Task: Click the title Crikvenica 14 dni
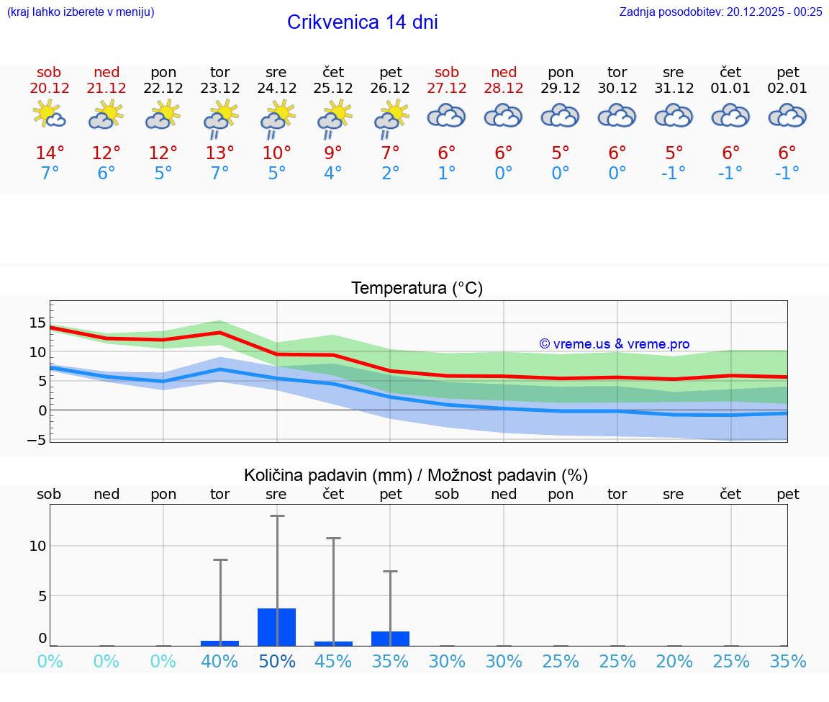pos(362,22)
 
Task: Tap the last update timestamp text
pos(720,12)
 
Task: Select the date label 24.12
pos(276,88)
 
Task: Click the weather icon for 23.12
pos(220,118)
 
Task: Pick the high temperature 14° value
pos(50,153)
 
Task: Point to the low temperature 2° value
pos(390,173)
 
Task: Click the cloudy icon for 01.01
pos(730,116)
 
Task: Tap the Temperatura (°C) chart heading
pos(417,289)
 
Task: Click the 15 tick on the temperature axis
pos(37,323)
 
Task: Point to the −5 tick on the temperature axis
pos(37,439)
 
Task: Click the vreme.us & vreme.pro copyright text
pos(614,344)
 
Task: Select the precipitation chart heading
pos(416,475)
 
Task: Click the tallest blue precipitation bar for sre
pos(277,627)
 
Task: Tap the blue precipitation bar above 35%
pos(390,639)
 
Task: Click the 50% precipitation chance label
pos(277,662)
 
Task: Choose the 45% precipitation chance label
pos(333,662)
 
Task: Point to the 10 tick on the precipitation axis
pos(37,546)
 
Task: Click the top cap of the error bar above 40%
pos(220,559)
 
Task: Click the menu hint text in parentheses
pos(80,12)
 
